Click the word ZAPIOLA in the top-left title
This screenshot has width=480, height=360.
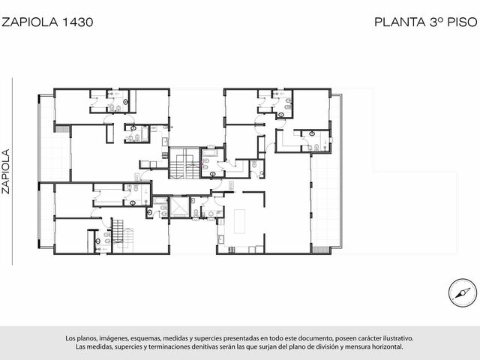pyautogui.click(x=30, y=22)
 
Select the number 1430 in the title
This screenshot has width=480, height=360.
pyautogui.click(x=78, y=22)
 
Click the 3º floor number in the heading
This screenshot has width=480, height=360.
pyautogui.click(x=436, y=22)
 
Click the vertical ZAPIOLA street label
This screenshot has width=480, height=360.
pyautogui.click(x=6, y=171)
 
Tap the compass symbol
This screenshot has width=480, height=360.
pyautogui.click(x=463, y=293)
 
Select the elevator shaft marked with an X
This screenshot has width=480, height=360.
pyautogui.click(x=179, y=207)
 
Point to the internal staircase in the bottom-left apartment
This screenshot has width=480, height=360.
pyautogui.click(x=123, y=235)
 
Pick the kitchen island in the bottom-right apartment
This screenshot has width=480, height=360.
pyautogui.click(x=239, y=221)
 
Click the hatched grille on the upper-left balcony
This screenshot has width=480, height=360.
pyautogui.click(x=62, y=128)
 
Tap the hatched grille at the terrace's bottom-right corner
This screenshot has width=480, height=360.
pyautogui.click(x=320, y=250)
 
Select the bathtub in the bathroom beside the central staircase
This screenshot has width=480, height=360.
pyautogui.click(x=210, y=153)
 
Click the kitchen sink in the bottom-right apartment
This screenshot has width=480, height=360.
pyautogui.click(x=220, y=239)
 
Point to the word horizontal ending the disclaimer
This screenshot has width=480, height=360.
pyautogui.click(x=387, y=347)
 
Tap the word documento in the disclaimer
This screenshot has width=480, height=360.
pyautogui.click(x=316, y=338)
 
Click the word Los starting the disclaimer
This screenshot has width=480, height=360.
pyautogui.click(x=70, y=338)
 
